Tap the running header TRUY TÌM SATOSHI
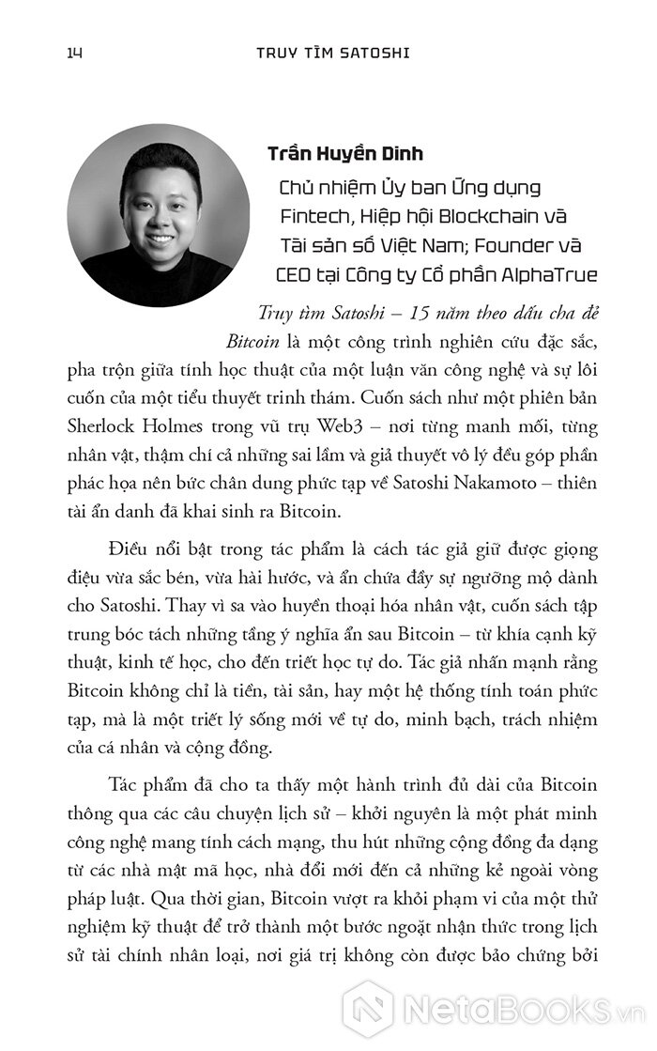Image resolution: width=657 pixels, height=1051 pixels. [333, 53]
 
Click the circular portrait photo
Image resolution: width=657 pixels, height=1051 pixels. [159, 215]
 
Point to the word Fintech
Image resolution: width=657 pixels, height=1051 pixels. [313, 216]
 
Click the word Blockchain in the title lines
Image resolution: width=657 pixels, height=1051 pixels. [481, 216]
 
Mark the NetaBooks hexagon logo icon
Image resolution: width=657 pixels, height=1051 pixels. [367, 1010]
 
